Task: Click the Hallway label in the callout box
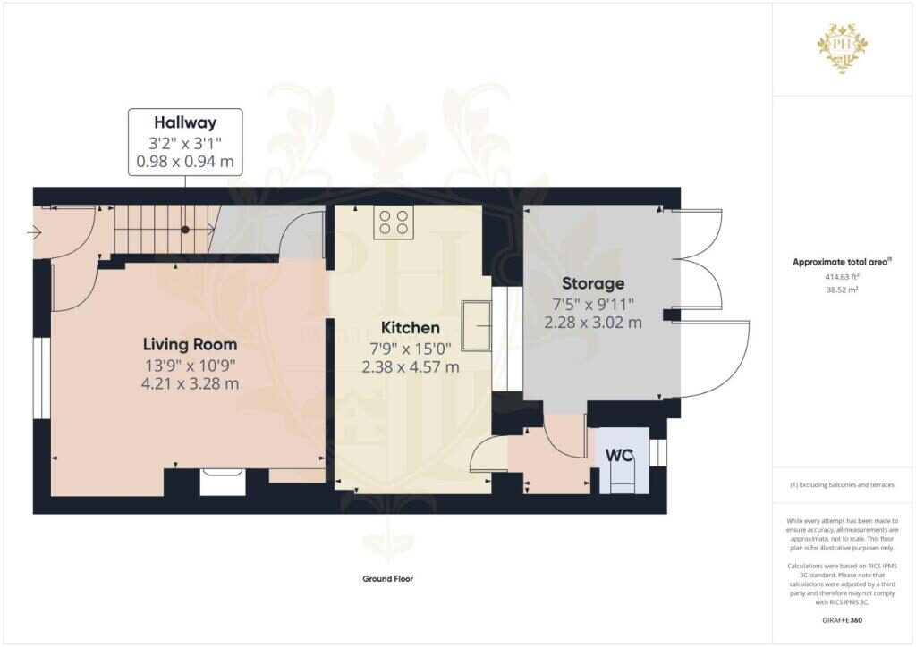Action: (185, 122)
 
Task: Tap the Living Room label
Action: (191, 344)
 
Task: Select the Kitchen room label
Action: (411, 328)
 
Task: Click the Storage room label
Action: (593, 283)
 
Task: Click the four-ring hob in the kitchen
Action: (394, 223)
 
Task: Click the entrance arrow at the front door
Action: (35, 234)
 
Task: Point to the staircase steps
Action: (165, 230)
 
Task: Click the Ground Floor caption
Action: (387, 579)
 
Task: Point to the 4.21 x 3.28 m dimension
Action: (191, 384)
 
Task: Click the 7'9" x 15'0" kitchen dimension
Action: (411, 349)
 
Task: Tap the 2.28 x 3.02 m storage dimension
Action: (593, 323)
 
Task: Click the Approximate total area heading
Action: (842, 262)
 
